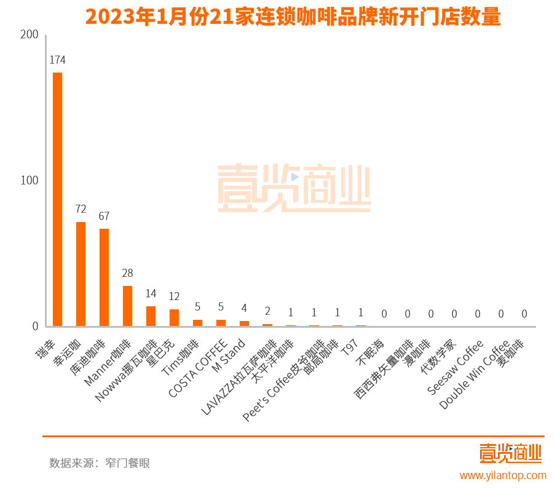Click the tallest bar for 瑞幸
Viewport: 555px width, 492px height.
click(57, 199)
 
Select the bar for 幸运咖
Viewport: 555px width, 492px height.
click(81, 274)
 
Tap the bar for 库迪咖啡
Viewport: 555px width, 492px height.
click(104, 277)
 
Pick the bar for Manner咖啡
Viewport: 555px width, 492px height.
click(127, 306)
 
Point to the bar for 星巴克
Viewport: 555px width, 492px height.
click(174, 317)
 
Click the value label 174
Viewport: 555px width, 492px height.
click(57, 60)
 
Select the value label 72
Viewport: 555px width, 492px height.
click(81, 209)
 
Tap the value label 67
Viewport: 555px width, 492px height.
click(104, 216)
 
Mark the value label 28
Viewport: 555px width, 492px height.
click(127, 273)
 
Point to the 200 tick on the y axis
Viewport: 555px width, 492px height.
click(29, 35)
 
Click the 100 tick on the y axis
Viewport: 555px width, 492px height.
click(29, 181)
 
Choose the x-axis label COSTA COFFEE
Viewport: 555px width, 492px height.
click(199, 367)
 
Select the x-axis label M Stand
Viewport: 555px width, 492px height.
click(229, 355)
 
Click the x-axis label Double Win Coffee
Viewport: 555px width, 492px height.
click(474, 375)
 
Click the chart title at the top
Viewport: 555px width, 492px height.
click(293, 17)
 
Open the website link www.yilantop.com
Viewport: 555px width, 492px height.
click(503, 475)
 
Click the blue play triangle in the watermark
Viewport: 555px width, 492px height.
click(294, 177)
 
